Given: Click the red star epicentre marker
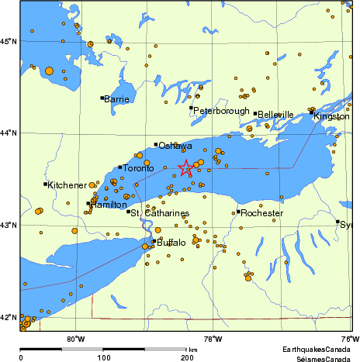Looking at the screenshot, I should (x=186, y=167).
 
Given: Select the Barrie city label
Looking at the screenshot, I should (x=116, y=99).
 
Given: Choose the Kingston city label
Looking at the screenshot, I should (x=331, y=115).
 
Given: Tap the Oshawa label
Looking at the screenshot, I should (x=175, y=146).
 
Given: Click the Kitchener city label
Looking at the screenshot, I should (x=67, y=185).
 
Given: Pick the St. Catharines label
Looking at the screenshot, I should (x=160, y=212).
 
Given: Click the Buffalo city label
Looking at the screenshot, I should (x=171, y=243).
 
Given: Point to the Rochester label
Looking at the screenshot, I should (x=261, y=212).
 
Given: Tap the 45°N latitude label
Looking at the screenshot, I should (x=9, y=40).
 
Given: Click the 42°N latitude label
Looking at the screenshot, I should (x=9, y=318).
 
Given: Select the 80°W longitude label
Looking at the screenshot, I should (x=75, y=338).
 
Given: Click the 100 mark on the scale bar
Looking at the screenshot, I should (x=103, y=358).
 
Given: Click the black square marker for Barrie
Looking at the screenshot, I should (x=102, y=98).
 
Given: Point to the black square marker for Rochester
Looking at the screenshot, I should (x=238, y=212).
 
